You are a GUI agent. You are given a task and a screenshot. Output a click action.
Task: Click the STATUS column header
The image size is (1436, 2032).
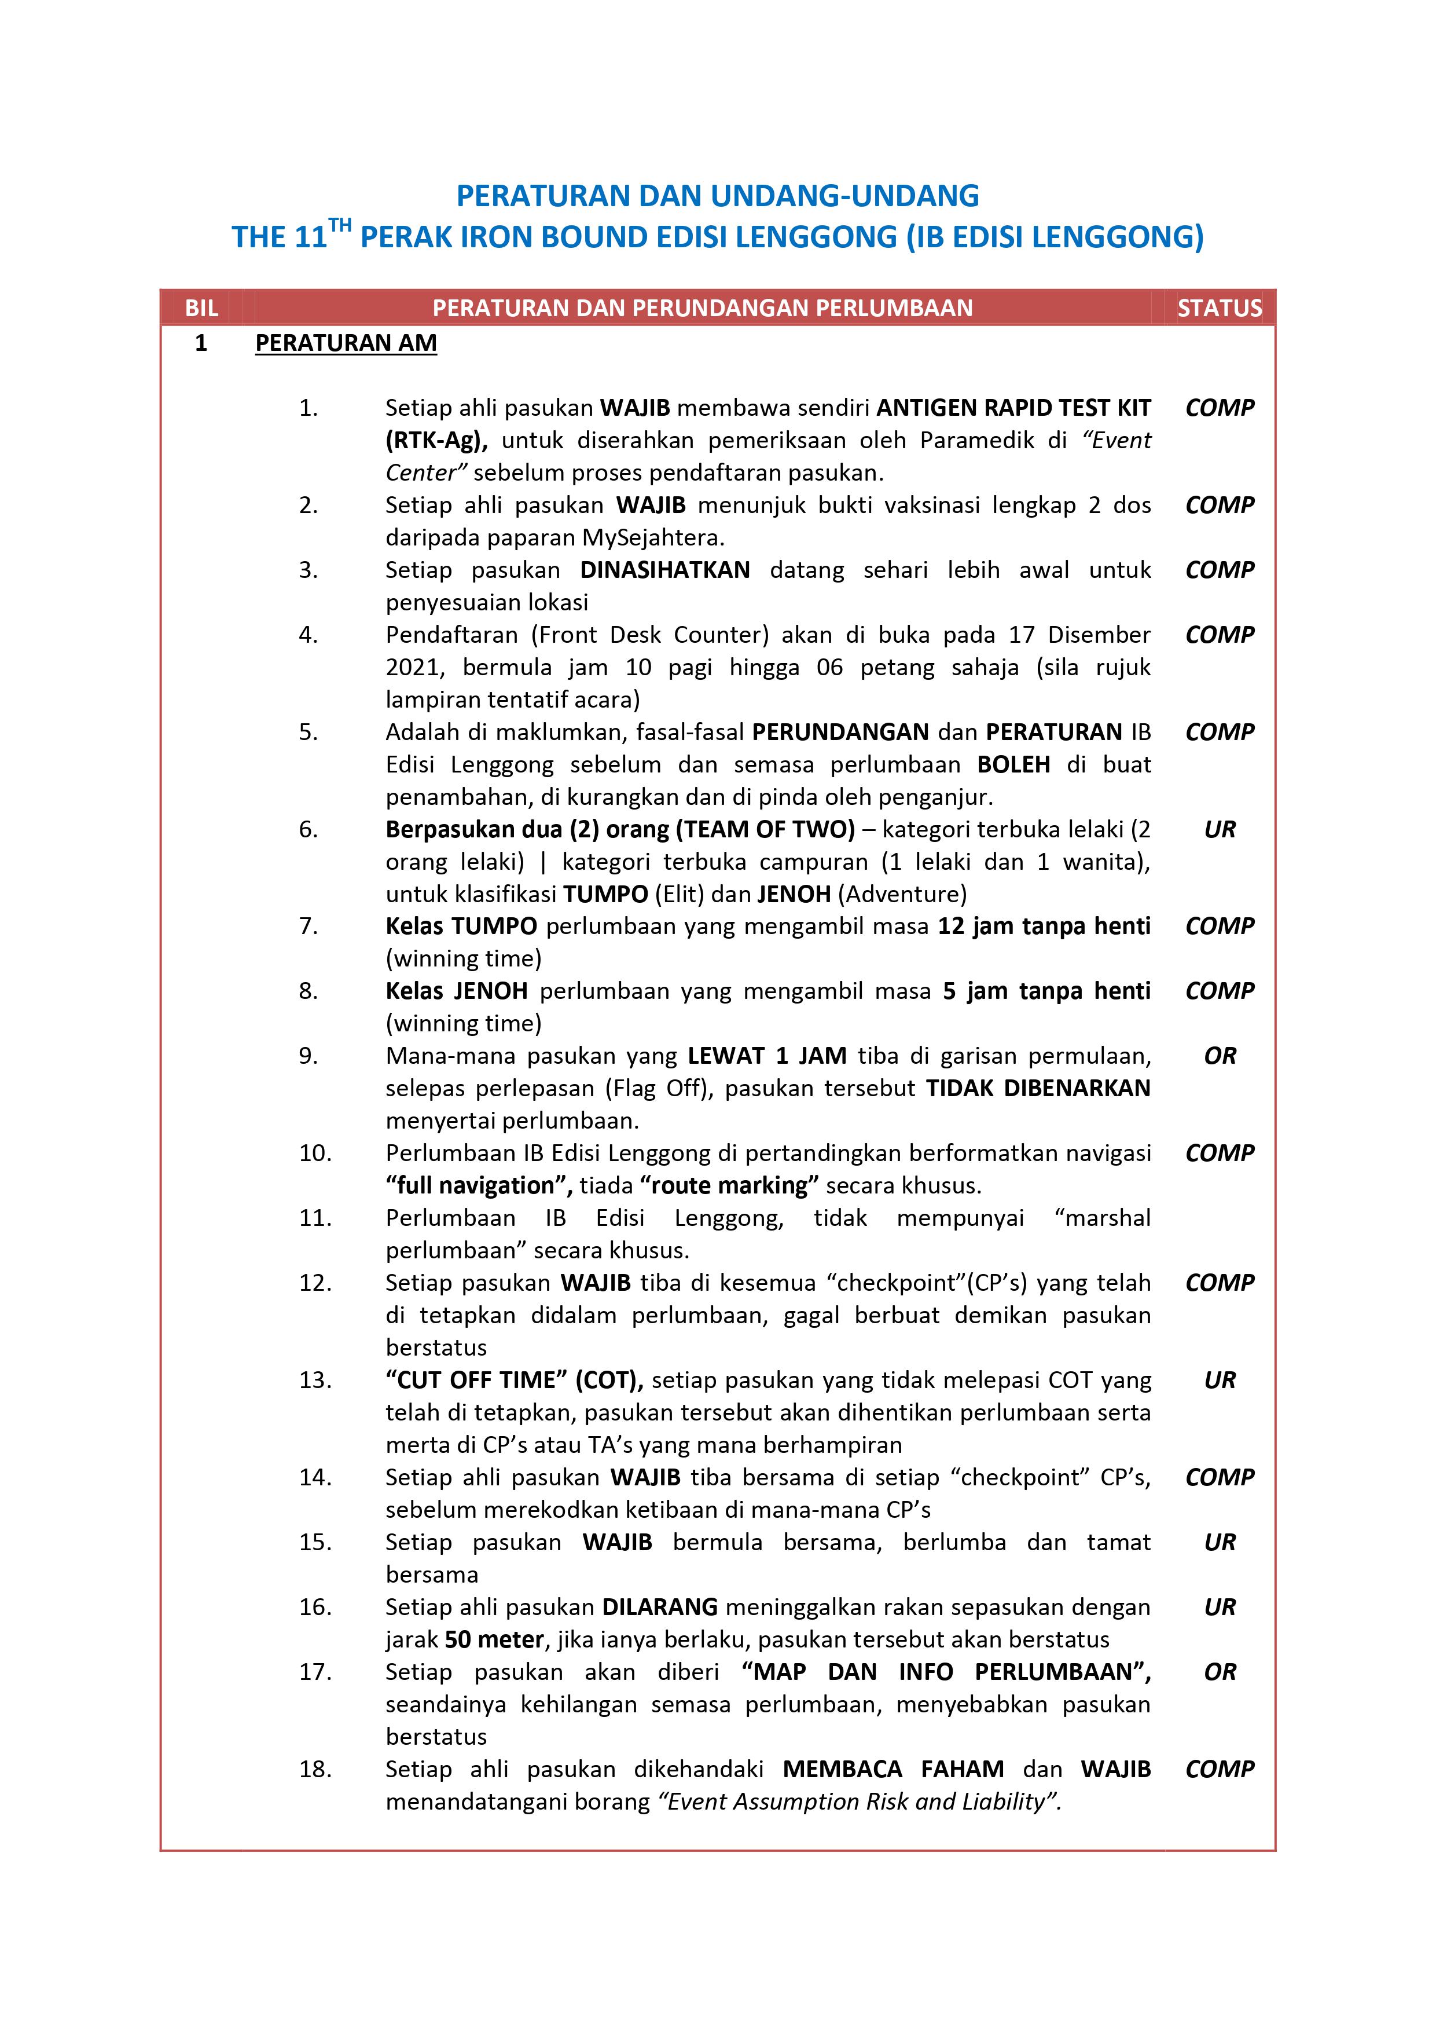coord(1218,308)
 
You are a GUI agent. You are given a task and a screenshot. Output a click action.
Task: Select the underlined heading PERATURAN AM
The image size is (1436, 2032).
coord(346,343)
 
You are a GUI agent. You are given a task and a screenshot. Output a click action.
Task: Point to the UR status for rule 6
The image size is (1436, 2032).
coord(1219,829)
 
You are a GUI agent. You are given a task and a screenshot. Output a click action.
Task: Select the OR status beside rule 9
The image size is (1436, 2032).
coord(1219,1056)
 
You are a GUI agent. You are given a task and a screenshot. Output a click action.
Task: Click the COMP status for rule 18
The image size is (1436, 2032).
coord(1219,1769)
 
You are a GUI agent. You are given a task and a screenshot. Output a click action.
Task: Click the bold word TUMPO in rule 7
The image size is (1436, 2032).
coord(494,927)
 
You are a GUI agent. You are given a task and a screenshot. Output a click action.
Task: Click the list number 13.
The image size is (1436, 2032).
coord(315,1381)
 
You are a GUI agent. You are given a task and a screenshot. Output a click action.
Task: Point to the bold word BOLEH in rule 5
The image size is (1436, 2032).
coord(1013,764)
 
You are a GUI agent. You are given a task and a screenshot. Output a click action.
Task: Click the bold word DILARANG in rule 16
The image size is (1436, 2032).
coord(659,1607)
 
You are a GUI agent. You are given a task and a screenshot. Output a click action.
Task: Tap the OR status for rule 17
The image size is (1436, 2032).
coord(1219,1672)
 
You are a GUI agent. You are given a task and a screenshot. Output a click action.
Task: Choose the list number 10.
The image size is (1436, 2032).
coord(315,1153)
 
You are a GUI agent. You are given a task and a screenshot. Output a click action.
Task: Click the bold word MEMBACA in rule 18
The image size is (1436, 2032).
coord(842,1769)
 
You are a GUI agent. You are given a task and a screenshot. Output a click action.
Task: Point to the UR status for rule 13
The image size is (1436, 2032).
coord(1219,1381)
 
